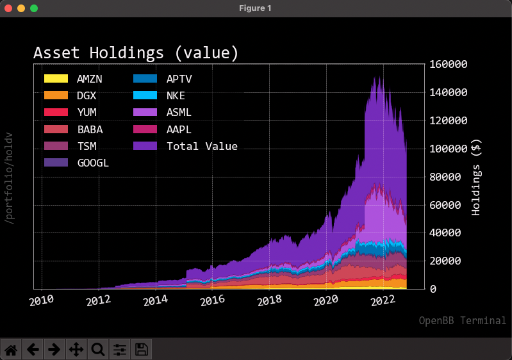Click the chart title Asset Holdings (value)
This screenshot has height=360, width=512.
coord(136,53)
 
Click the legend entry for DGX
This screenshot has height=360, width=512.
coord(87,96)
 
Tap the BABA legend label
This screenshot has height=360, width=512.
coord(90,129)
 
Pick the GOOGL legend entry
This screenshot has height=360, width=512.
coord(92,163)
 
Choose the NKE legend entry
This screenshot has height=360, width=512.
coord(176,96)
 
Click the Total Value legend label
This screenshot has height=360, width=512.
coord(202,146)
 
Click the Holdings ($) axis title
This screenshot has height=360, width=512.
coord(475,177)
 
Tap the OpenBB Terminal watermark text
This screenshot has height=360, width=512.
coord(462,320)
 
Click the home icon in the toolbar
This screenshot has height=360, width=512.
coord(11,349)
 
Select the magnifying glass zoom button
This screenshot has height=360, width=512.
coord(98,349)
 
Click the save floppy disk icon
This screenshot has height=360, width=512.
coord(142,349)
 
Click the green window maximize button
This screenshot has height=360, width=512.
coord(34,8)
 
